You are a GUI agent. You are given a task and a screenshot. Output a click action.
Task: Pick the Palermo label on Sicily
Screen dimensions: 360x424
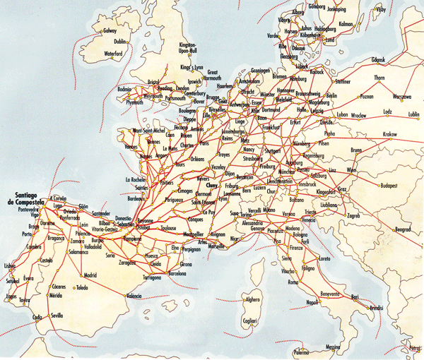pyautogui.click(x=302, y=352)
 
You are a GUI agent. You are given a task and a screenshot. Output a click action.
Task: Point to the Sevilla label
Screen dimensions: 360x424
pyautogui.click(x=57, y=316)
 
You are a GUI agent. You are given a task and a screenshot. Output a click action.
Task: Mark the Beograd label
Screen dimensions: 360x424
pyautogui.click(x=403, y=229)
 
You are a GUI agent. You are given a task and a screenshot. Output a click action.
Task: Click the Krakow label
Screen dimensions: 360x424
pyautogui.click(x=390, y=134)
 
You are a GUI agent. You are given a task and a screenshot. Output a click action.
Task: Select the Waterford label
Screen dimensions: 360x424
pyautogui.click(x=118, y=53)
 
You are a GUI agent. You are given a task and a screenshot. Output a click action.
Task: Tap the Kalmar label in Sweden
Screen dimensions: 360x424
pyautogui.click(x=346, y=23)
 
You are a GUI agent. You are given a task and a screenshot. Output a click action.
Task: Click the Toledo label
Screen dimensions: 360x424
pyautogui.click(x=83, y=288)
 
